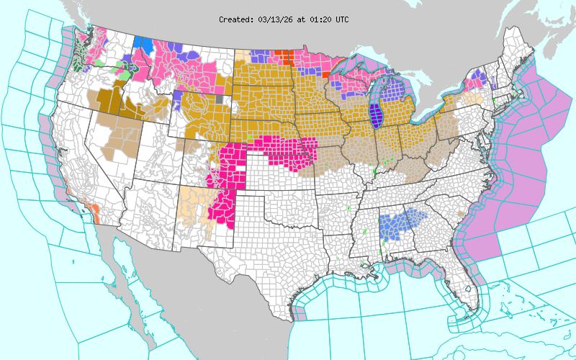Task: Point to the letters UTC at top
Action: (341, 19)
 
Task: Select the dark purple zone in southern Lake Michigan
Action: (374, 115)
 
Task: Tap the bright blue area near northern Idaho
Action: (143, 45)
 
